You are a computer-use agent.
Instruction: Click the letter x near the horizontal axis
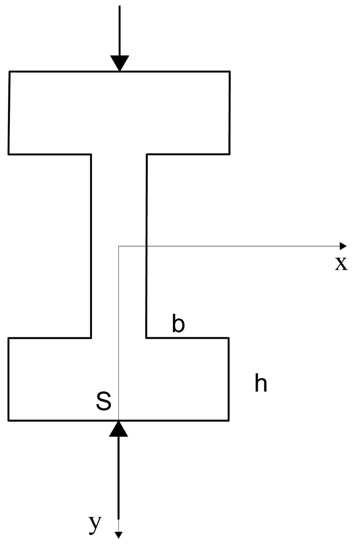click(x=341, y=264)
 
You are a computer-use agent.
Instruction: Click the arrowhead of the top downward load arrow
click(x=120, y=63)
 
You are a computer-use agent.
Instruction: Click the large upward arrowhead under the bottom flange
click(x=118, y=429)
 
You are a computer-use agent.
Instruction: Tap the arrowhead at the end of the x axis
click(x=343, y=246)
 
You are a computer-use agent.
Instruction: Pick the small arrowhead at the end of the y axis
click(x=118, y=535)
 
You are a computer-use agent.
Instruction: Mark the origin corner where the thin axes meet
click(x=119, y=247)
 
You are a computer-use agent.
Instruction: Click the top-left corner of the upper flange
click(x=10, y=72)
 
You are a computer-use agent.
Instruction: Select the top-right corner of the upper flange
click(x=230, y=72)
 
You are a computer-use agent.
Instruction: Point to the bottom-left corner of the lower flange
click(x=9, y=420)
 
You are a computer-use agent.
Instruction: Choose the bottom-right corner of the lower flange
click(x=228, y=420)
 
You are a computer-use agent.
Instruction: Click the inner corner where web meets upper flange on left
click(x=91, y=154)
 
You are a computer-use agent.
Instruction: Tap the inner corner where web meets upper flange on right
click(x=147, y=154)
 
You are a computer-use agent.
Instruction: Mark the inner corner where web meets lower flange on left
click(x=91, y=338)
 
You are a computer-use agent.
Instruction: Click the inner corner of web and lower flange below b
click(x=147, y=338)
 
